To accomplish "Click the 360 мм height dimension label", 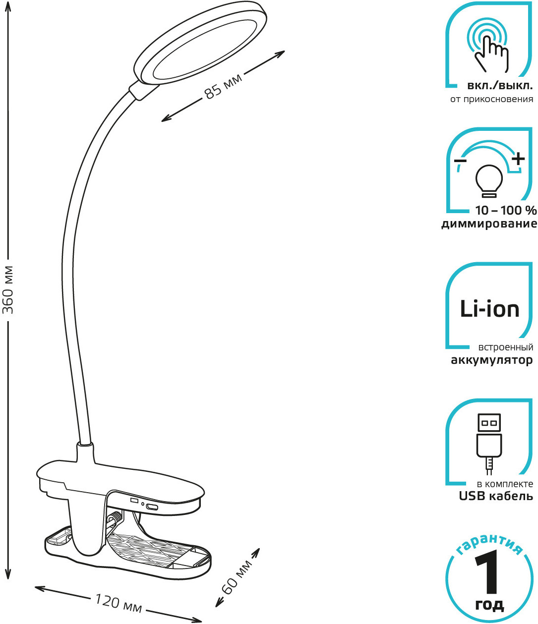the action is [x=7, y=290].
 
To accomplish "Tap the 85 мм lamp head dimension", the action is [x=223, y=86].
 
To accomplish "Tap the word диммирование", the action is [x=489, y=224].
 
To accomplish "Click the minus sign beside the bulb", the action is [x=460, y=161].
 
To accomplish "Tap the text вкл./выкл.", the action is [x=500, y=86].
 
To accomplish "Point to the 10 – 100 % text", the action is [x=506, y=211].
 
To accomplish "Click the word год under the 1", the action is [x=490, y=605].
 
